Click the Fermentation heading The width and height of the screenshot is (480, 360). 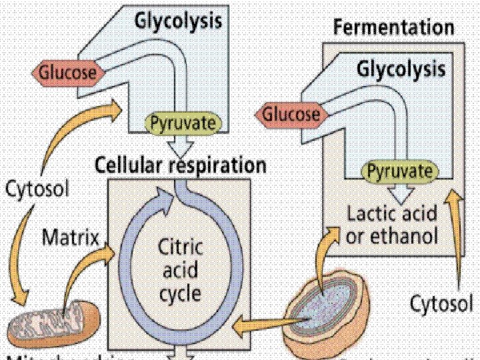(x=393, y=28)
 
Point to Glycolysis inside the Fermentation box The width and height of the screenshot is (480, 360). (x=401, y=69)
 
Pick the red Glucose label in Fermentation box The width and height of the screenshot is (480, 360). (x=291, y=114)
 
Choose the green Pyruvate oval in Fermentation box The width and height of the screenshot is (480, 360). (x=398, y=172)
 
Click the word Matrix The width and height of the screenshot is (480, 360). (x=71, y=237)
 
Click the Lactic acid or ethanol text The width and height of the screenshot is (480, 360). (x=392, y=225)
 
